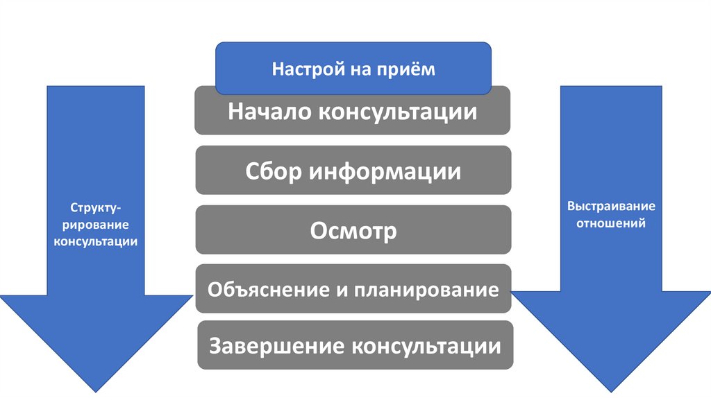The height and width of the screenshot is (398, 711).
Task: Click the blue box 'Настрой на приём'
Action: pyautogui.click(x=353, y=69)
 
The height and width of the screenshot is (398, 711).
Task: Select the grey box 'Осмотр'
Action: pyautogui.click(x=353, y=230)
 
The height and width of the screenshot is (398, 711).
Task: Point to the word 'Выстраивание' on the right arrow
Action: pyautogui.click(x=611, y=207)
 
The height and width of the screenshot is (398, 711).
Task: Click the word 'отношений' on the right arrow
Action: pyautogui.click(x=611, y=223)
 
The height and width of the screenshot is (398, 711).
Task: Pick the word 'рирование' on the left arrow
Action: pyautogui.click(x=96, y=225)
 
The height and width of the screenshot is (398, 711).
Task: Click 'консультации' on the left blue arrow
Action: pyautogui.click(x=96, y=241)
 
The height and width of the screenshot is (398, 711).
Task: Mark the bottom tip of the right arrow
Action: pyautogui.click(x=612, y=392)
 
